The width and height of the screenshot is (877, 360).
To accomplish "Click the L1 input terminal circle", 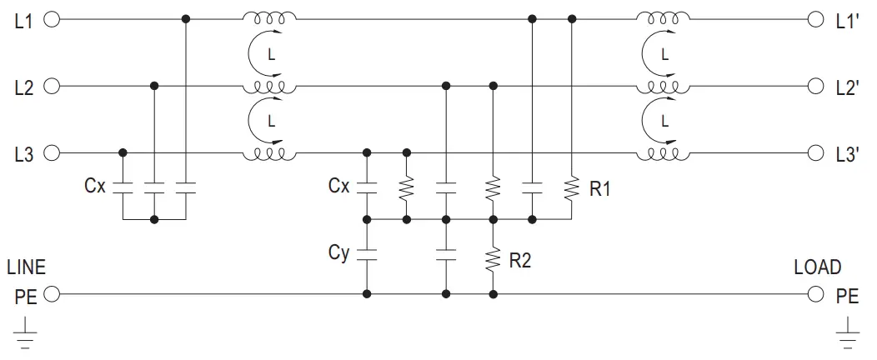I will coord(52,18).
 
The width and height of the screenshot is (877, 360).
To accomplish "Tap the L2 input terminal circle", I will coord(52,86).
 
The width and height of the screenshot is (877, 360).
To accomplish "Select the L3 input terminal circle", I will coord(52,153).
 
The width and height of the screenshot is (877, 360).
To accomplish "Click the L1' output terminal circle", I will coord(815,18).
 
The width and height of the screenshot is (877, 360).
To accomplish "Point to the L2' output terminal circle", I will coord(815,86).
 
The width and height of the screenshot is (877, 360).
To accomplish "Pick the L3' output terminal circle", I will coord(815,153).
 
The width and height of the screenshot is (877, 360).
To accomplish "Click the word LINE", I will coord(27,268).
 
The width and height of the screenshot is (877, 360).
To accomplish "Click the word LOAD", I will coord(817,268).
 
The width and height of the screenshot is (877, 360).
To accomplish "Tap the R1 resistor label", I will coord(600,189).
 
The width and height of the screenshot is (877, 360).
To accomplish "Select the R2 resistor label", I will coord(520,261).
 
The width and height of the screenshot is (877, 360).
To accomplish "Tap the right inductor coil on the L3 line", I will coord(663,152).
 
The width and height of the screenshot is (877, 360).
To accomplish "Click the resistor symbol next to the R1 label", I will coord(572,187).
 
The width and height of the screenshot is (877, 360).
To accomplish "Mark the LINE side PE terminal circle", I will coord(52,294).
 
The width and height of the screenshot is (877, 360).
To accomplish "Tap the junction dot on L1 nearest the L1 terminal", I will coord(186,18).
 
